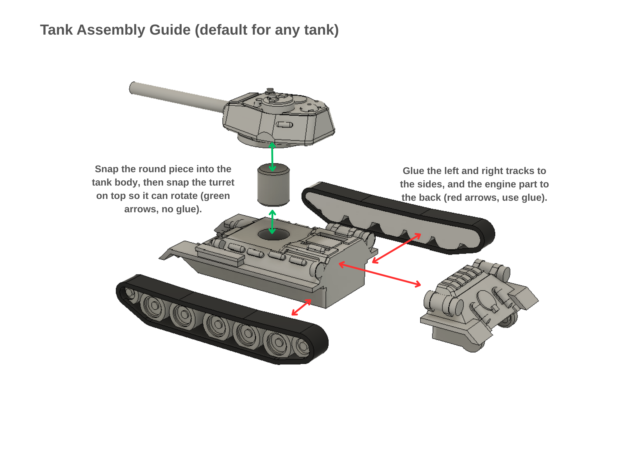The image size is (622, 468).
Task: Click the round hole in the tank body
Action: pyautogui.click(x=273, y=234)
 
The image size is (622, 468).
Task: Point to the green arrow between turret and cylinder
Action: pyautogui.click(x=272, y=157)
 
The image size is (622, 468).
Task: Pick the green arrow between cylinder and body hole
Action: pyautogui.click(x=272, y=221)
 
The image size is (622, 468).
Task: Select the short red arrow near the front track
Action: pyautogui.click(x=301, y=307)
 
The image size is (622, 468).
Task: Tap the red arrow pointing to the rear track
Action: pyautogui.click(x=396, y=248)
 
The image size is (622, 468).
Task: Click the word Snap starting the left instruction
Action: pyautogui.click(x=106, y=169)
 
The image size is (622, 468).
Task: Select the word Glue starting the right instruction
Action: pyautogui.click(x=413, y=171)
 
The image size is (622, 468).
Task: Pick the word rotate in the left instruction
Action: pyautogui.click(x=182, y=196)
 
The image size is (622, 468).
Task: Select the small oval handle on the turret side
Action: pyautogui.click(x=285, y=125)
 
